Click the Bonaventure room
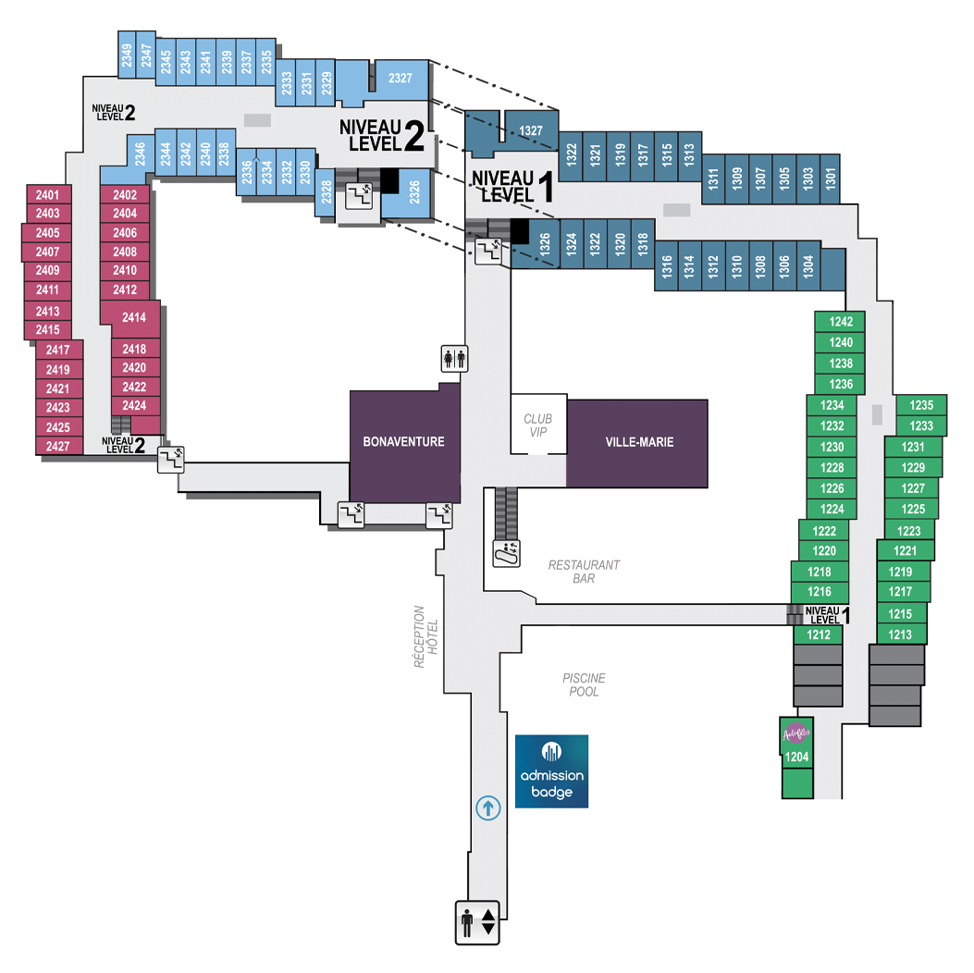[404, 442]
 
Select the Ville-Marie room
[638, 442]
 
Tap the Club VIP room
[537, 425]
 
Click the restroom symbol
[454, 357]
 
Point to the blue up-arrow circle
[487, 807]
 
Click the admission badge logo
[551, 771]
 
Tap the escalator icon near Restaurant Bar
[506, 553]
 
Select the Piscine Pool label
[584, 684]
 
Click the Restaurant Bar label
[584, 572]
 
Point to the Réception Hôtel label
[425, 636]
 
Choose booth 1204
[796, 757]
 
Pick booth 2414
[135, 318]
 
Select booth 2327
[400, 79]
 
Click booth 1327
[531, 130]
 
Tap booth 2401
[47, 195]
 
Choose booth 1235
[921, 405]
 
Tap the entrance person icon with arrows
[477, 922]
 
